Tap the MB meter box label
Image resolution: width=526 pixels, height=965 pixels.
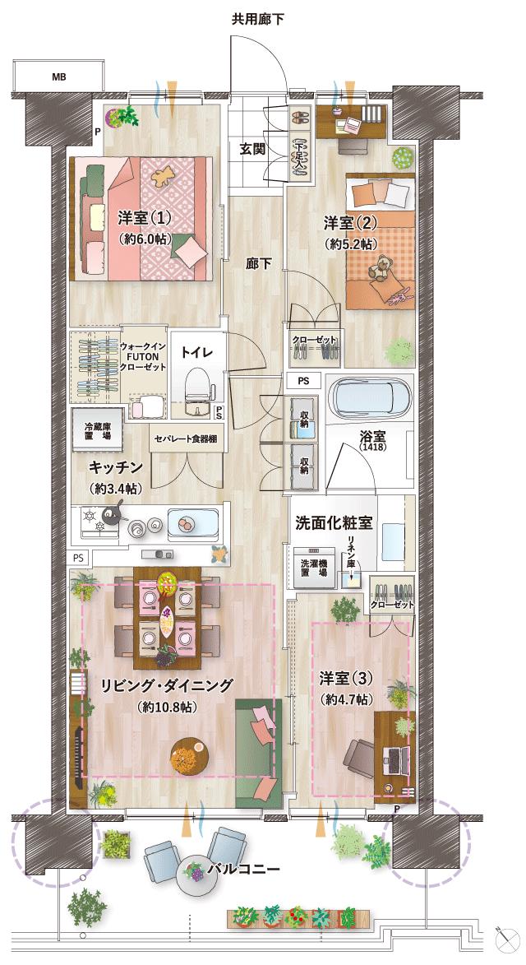pyautogui.click(x=58, y=77)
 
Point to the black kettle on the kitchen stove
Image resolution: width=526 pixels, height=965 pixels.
pyautogui.click(x=113, y=516)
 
